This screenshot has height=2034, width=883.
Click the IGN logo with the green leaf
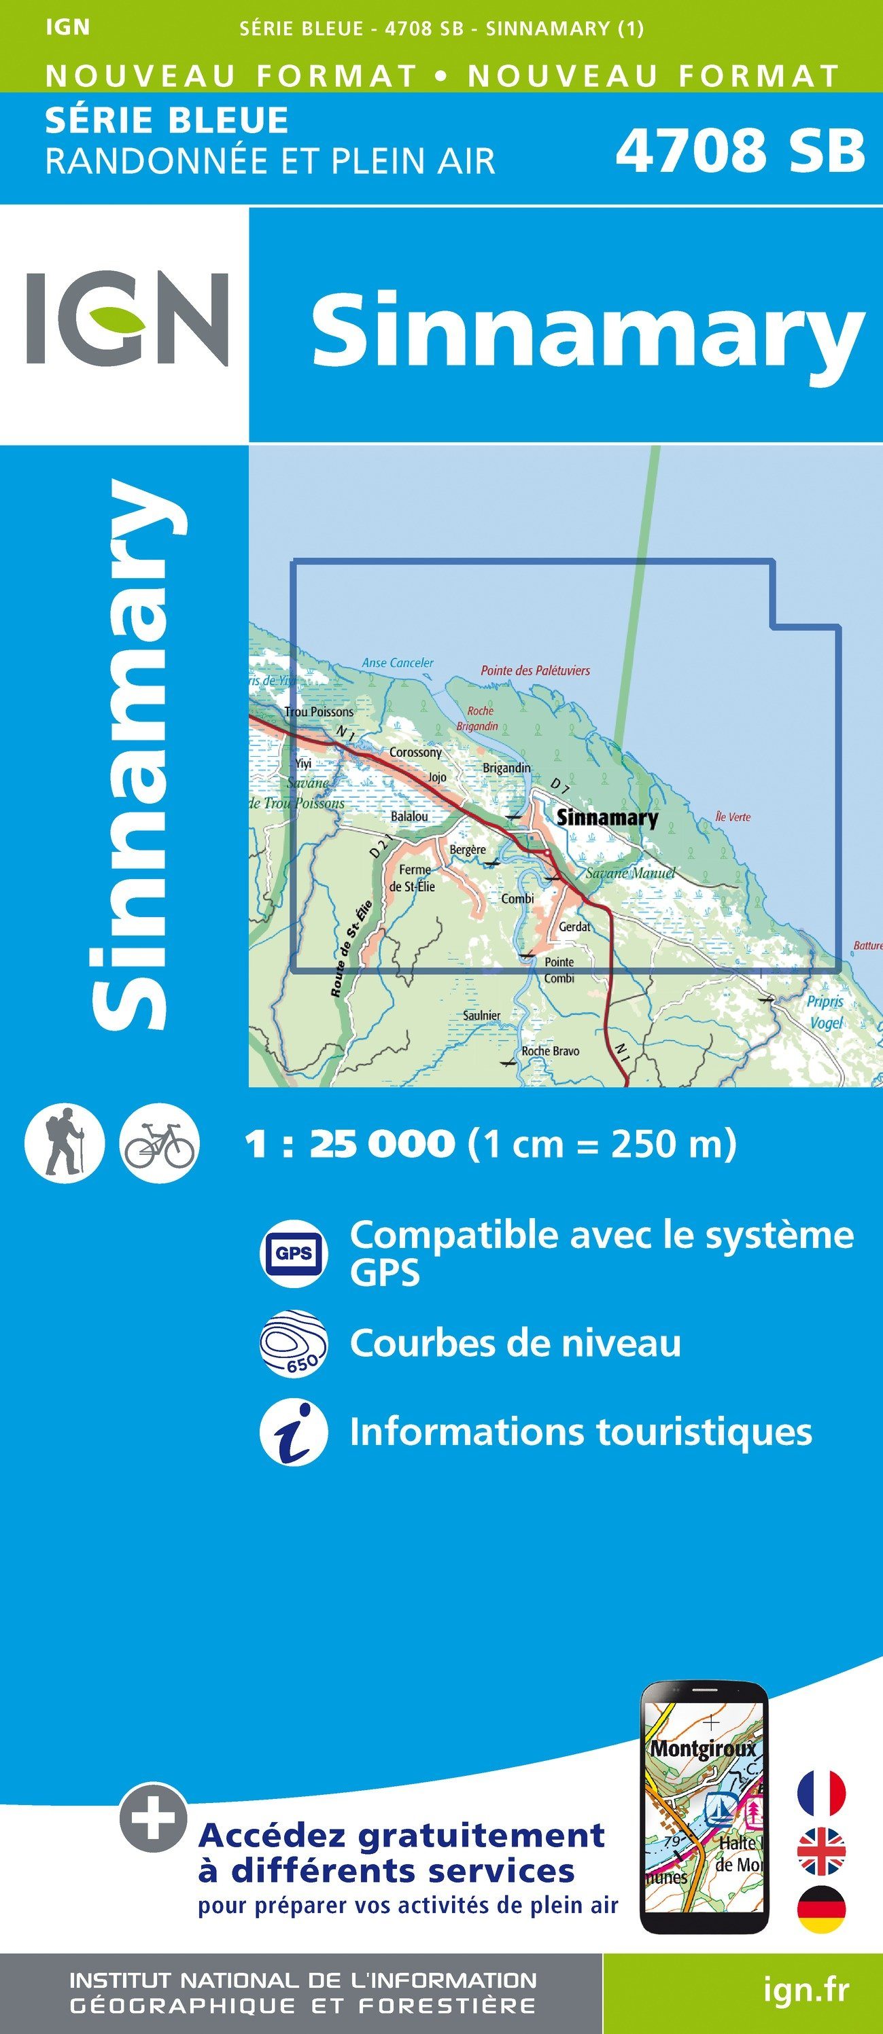[127, 318]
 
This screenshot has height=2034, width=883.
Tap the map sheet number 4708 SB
[740, 150]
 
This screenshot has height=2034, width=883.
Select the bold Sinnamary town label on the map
[606, 817]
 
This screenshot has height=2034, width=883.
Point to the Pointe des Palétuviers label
[535, 671]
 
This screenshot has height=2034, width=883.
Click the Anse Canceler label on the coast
[397, 662]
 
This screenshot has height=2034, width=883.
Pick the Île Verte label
[732, 817]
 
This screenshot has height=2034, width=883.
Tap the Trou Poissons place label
[318, 711]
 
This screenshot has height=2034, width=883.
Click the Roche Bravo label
[550, 1051]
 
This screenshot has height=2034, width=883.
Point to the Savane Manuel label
[630, 872]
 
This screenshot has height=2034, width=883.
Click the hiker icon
[64, 1143]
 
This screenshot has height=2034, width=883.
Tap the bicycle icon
[160, 1143]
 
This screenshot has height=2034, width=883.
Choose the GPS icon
[294, 1253]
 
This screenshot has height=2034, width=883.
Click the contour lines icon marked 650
[294, 1343]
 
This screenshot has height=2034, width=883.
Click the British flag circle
[821, 1851]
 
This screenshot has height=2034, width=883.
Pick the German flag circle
[821, 1909]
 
